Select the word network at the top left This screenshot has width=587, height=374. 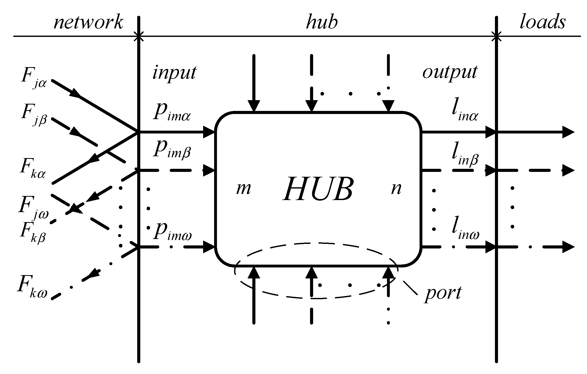click(x=88, y=22)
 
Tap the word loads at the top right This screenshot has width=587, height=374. click(x=542, y=22)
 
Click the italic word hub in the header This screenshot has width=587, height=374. click(x=322, y=22)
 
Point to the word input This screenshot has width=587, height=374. click(x=174, y=73)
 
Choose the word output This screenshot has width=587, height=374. click(x=450, y=73)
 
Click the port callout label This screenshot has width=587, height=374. click(x=443, y=293)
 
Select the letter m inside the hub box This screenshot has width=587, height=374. click(x=243, y=189)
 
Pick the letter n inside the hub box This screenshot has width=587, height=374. click(x=396, y=189)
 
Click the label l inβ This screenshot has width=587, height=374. click(x=465, y=157)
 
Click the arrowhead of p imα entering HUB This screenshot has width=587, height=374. click(x=209, y=132)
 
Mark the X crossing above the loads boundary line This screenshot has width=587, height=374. click(x=497, y=36)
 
